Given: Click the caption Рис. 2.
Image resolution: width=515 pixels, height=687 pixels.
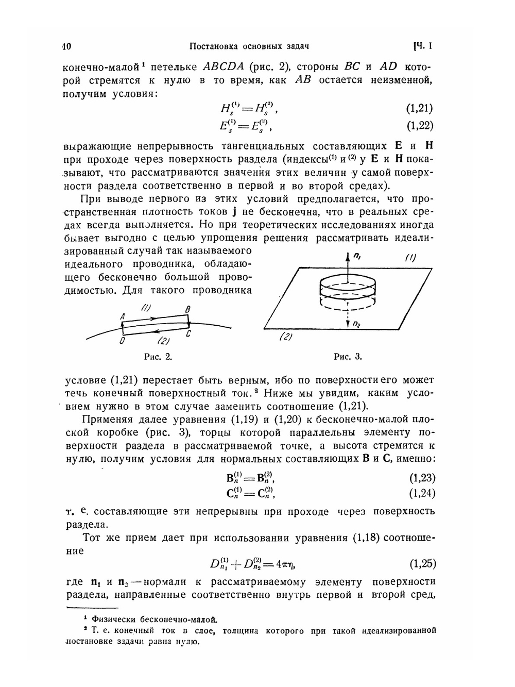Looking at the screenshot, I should point(158,356).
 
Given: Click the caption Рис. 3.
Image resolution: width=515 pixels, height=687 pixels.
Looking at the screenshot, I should point(348,356).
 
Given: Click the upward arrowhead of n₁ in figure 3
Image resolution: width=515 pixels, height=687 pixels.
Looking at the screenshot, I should point(349,256).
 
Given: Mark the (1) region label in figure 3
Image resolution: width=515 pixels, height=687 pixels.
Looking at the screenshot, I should point(410,258).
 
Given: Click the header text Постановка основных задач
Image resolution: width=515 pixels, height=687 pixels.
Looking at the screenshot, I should point(249,47).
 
